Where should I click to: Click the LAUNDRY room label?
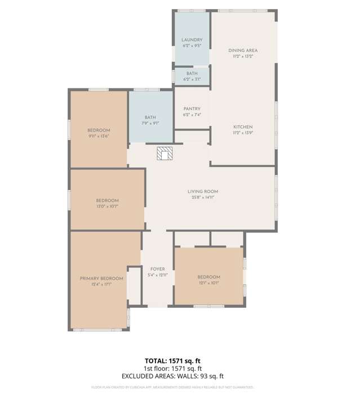(x=192, y=40)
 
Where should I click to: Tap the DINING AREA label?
(x=243, y=50)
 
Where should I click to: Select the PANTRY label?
(x=192, y=109)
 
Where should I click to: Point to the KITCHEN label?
(x=243, y=127)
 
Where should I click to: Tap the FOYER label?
(x=157, y=269)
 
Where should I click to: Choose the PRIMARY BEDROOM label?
(x=101, y=278)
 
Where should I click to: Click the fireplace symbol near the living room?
(x=164, y=153)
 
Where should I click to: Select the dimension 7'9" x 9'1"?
(x=150, y=123)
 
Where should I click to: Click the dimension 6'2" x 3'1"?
(x=192, y=79)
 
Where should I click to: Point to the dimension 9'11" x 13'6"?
(x=98, y=136)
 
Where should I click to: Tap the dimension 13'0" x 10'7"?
(x=106, y=206)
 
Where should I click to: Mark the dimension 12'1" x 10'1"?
(x=208, y=283)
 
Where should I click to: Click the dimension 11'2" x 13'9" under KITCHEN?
(x=243, y=133)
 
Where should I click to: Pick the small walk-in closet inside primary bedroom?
(x=134, y=287)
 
